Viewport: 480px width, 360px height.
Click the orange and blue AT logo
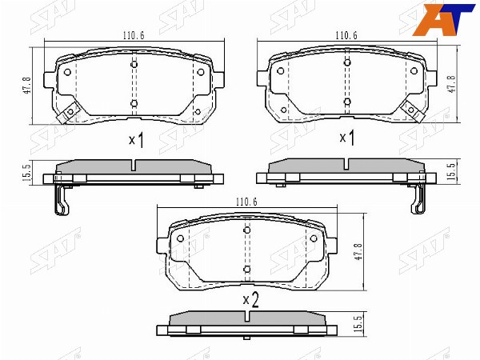point(444,20)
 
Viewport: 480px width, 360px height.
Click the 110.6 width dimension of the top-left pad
point(134,35)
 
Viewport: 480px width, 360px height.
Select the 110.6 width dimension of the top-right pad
point(346,35)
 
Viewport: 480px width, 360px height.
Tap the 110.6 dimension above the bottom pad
point(246,202)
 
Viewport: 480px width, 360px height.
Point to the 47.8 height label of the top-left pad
point(27,85)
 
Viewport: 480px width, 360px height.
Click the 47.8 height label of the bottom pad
point(358,252)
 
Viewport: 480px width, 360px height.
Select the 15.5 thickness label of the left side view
point(26,172)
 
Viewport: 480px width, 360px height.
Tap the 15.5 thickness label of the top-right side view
point(451,171)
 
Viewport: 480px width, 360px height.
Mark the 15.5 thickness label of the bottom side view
point(358,324)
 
